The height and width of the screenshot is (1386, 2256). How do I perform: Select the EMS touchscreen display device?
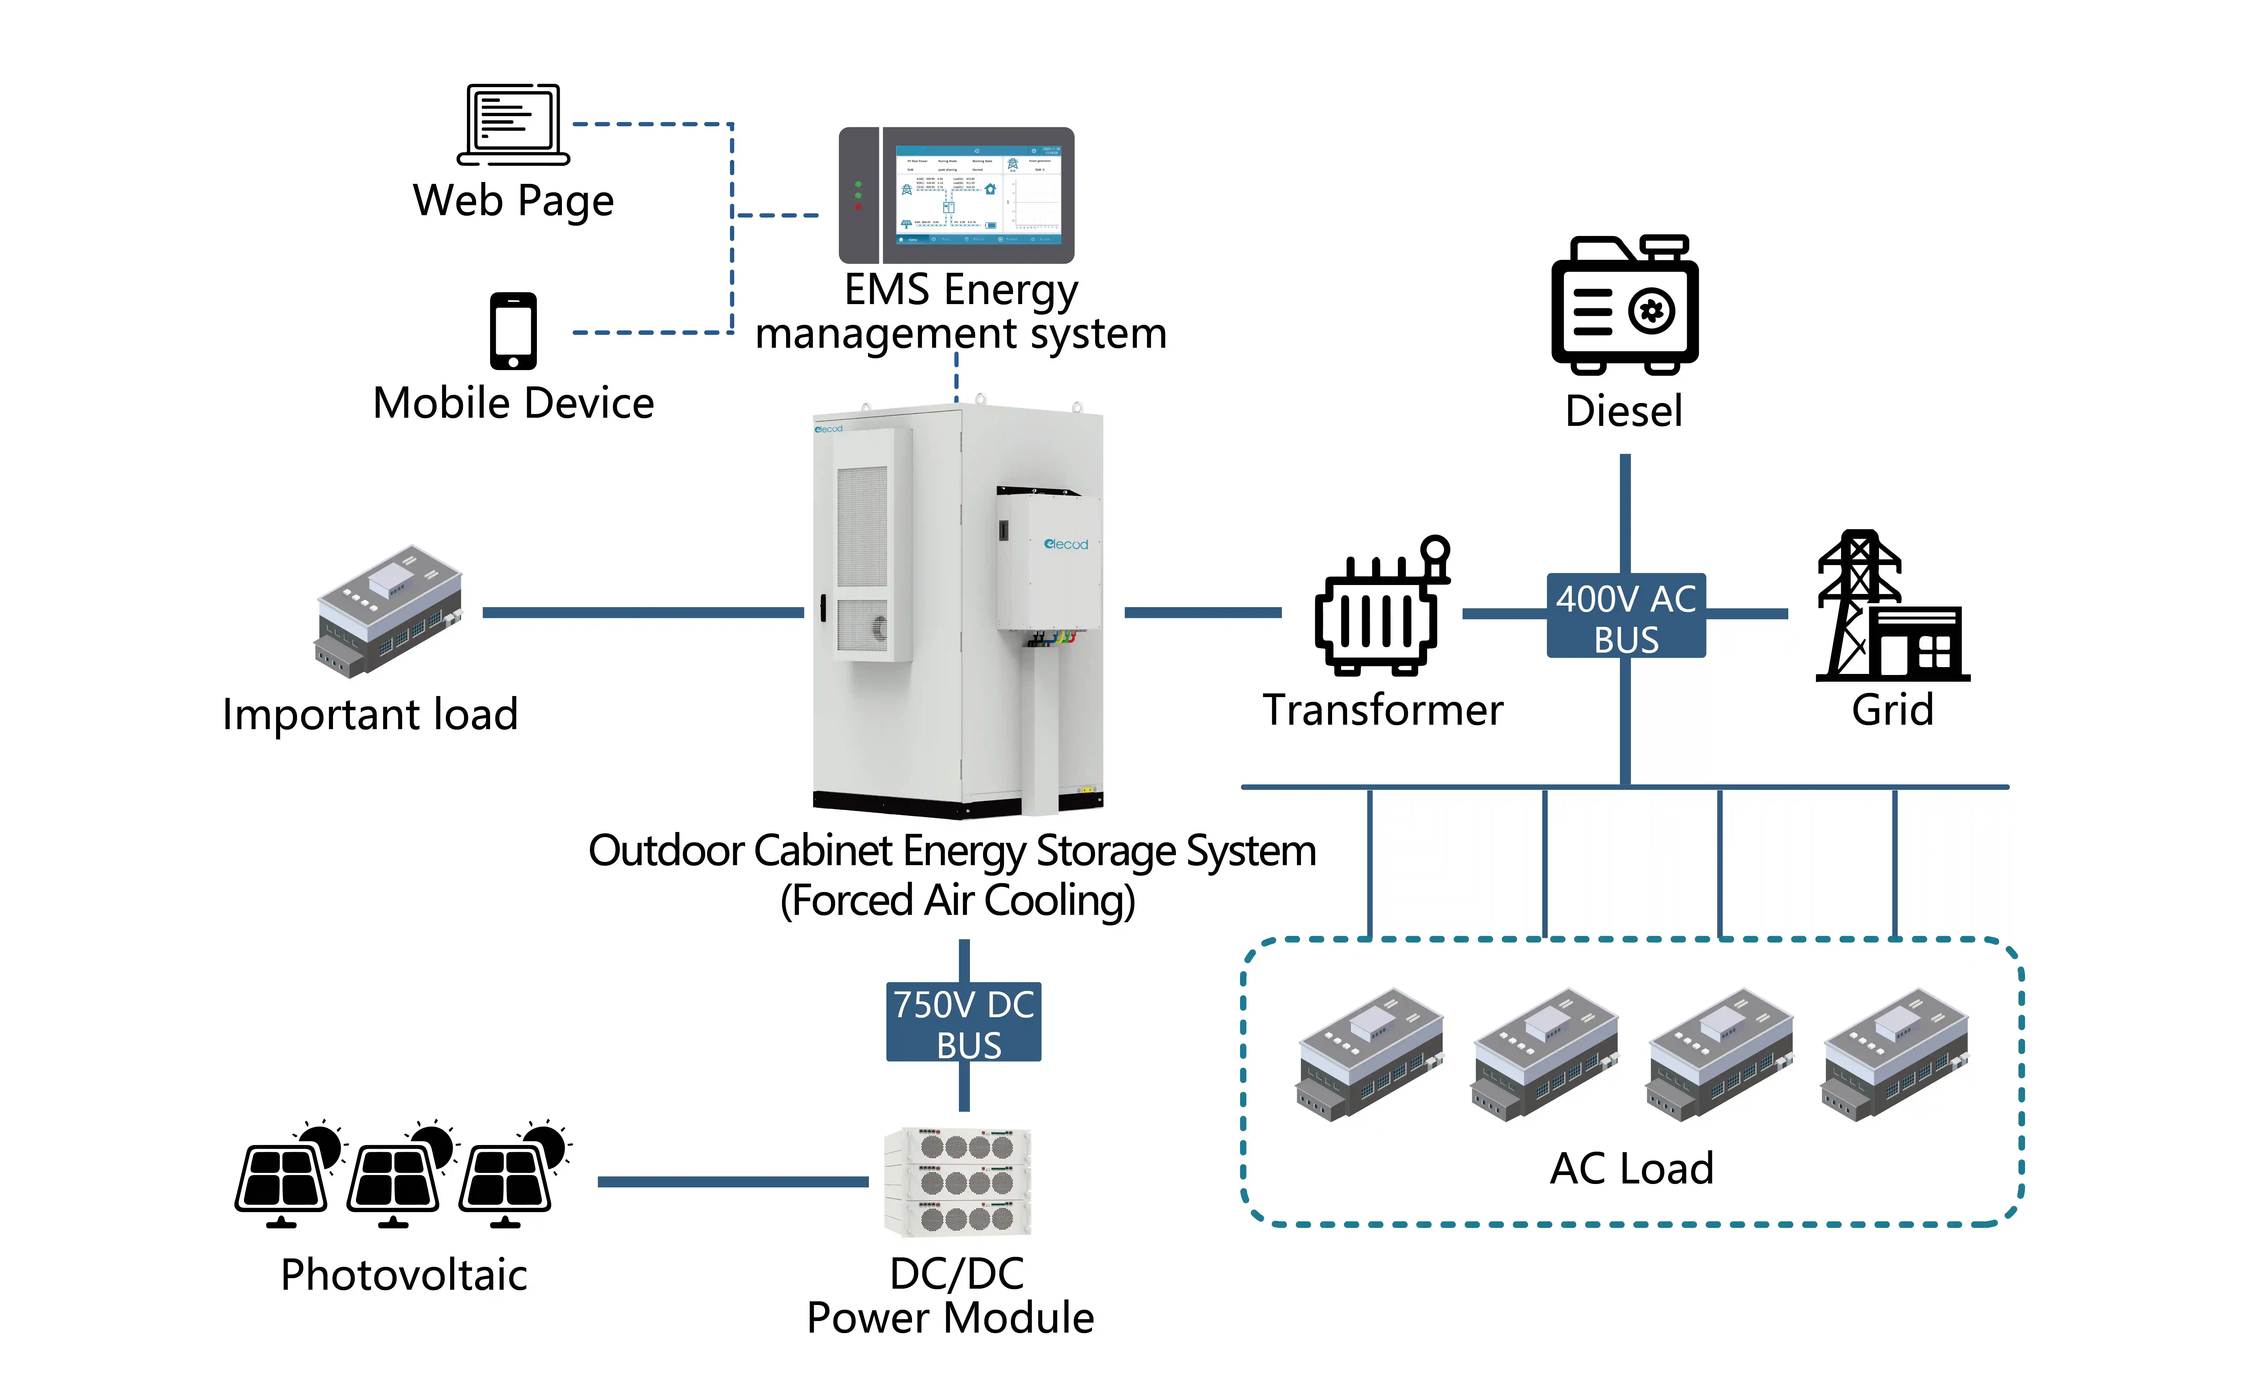(x=956, y=195)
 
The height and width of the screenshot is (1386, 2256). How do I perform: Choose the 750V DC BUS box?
(x=963, y=1022)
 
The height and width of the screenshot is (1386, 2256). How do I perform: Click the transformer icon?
(x=1380, y=609)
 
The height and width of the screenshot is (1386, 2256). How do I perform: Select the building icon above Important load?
(x=390, y=611)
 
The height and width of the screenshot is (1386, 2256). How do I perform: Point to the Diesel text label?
(x=1624, y=411)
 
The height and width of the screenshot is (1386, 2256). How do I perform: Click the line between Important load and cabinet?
(x=642, y=612)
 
